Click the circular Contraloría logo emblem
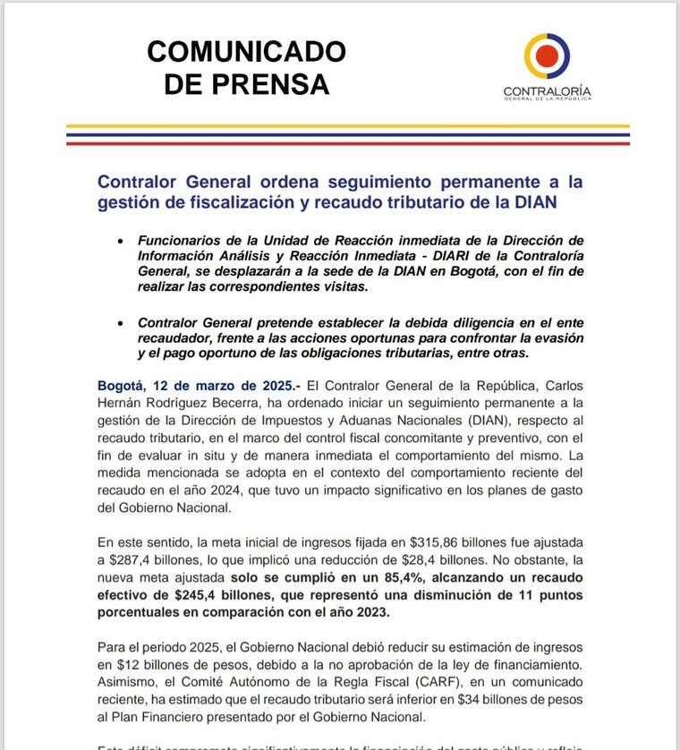click(x=546, y=56)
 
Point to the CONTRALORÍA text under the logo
click(x=547, y=90)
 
